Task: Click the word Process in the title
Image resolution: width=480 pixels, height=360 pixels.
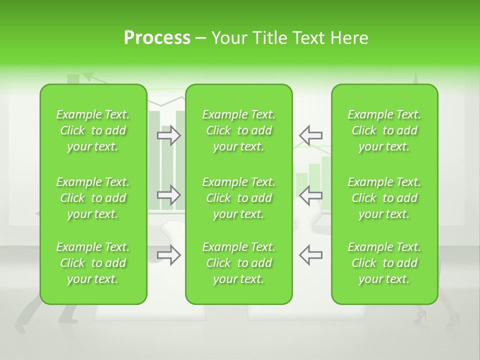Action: tap(157, 38)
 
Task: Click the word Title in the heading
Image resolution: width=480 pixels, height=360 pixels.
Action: tap(269, 38)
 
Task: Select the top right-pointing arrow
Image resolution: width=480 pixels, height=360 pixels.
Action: tap(169, 135)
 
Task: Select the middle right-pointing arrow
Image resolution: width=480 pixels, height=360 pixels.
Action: tap(169, 195)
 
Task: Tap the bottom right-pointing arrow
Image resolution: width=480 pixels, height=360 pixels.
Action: tap(169, 254)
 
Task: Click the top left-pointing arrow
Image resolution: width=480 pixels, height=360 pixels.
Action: tap(310, 135)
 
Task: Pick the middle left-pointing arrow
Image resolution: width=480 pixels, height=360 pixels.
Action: tap(310, 195)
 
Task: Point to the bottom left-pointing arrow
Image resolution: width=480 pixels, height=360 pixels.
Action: tap(310, 254)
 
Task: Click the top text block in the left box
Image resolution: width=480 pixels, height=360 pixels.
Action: tap(93, 130)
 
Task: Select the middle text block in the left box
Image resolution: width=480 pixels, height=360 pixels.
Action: tap(93, 198)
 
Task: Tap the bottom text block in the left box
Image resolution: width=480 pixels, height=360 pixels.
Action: tap(93, 263)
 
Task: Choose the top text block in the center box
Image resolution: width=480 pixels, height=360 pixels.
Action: tap(238, 130)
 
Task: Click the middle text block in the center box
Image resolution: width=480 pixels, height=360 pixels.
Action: tap(238, 198)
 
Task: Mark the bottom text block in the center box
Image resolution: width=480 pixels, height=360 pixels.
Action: tap(238, 263)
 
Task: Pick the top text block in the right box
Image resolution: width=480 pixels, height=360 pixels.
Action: tap(384, 130)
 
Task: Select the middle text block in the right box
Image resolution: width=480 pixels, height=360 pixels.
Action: tap(384, 198)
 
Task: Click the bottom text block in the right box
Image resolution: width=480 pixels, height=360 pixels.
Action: tap(384, 263)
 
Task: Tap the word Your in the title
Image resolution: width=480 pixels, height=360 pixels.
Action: tap(228, 38)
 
